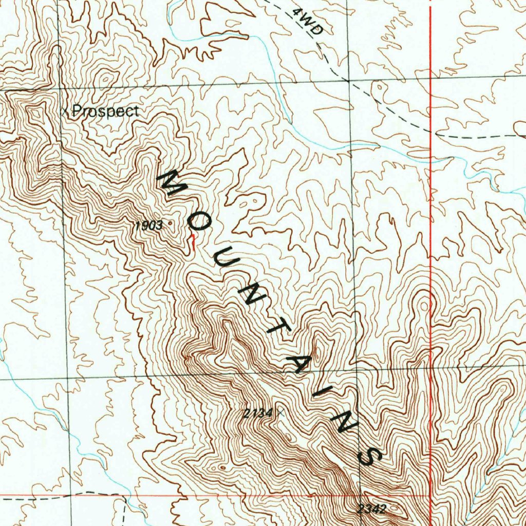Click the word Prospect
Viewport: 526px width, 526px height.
point(105,111)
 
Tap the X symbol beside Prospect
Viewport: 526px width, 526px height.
point(64,111)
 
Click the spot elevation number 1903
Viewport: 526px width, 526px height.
point(148,225)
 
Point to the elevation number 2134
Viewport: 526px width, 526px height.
point(258,412)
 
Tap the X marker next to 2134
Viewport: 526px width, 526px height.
point(279,412)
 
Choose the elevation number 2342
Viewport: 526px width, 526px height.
point(371,509)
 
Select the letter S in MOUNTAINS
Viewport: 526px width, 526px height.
point(369,456)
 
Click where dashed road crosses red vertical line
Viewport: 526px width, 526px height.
point(430,132)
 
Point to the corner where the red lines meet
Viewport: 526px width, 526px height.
point(430,496)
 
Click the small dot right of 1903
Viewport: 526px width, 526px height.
point(170,223)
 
